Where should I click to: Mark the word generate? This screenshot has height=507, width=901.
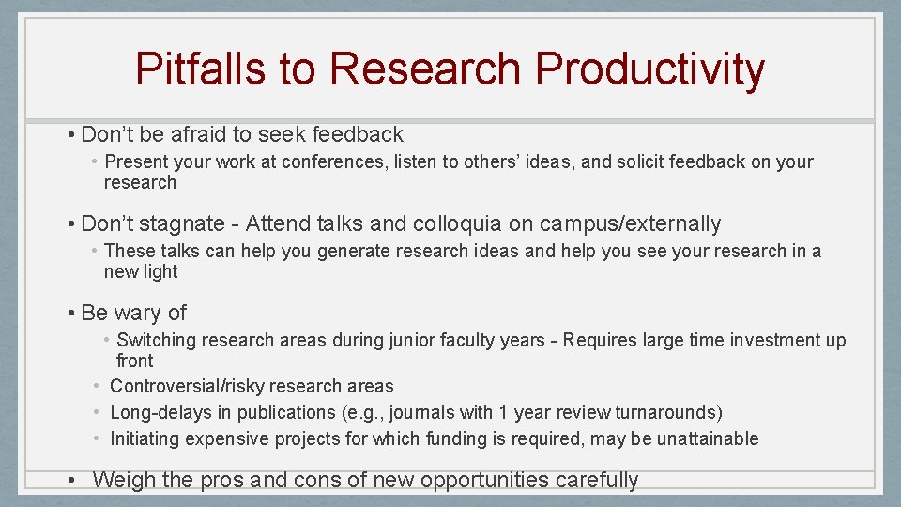click(x=359, y=251)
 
